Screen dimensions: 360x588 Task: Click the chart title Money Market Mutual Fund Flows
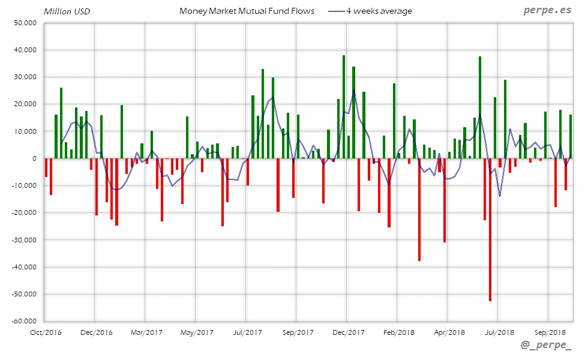click(x=247, y=11)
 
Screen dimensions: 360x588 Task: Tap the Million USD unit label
click(x=67, y=11)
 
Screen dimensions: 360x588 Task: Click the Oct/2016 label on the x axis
click(x=46, y=332)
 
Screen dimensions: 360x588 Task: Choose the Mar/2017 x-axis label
click(x=146, y=332)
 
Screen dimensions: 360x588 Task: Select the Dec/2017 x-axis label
click(x=348, y=332)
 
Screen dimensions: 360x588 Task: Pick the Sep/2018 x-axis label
click(x=550, y=332)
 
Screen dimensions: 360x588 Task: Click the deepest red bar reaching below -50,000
click(x=490, y=240)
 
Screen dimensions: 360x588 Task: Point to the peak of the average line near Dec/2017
click(x=354, y=90)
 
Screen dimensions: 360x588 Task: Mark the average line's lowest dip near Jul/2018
click(x=500, y=196)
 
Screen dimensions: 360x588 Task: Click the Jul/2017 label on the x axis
click(x=247, y=332)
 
